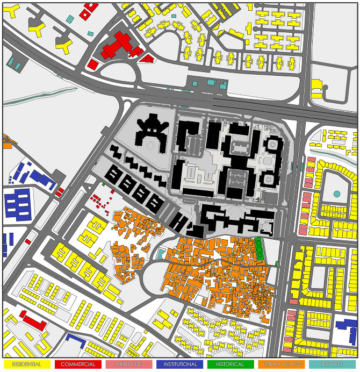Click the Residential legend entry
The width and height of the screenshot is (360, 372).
click(x=27, y=364)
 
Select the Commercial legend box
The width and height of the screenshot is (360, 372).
click(x=78, y=364)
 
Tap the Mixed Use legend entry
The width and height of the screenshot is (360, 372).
click(x=128, y=364)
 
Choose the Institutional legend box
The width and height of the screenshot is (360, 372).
click(x=180, y=364)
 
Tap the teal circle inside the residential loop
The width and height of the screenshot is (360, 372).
click(x=337, y=194)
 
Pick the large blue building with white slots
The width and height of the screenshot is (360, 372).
click(x=18, y=206)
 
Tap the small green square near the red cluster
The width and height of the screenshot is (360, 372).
click(x=104, y=185)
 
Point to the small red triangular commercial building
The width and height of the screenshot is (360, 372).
click(x=147, y=59)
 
